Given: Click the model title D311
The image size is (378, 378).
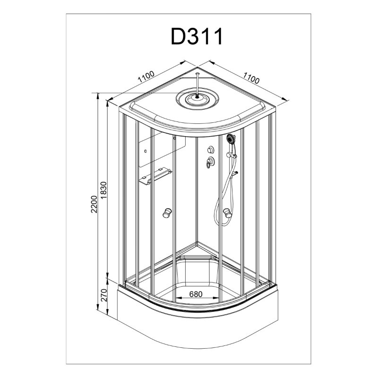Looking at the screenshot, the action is [197, 36].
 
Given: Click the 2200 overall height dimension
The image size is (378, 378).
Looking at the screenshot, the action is [94, 204].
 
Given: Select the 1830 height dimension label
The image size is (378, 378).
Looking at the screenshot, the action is [103, 190].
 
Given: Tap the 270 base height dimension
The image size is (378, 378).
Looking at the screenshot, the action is [103, 295].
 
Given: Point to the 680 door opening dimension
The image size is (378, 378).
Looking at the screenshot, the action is [196, 294].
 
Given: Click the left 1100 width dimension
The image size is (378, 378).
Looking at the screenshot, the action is [146, 77].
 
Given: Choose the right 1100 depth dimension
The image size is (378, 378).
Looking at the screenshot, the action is [251, 77].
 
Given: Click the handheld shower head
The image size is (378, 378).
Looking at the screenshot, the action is [231, 138].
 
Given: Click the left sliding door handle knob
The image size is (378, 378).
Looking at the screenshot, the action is [167, 213].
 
